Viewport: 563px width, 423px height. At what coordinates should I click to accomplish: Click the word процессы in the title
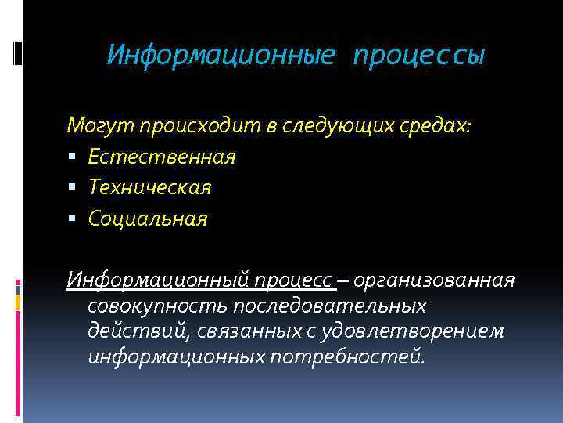pos(419,56)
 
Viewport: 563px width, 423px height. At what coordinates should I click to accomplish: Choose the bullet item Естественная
pos(162,157)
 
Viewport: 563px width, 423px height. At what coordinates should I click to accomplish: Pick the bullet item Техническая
pos(149,187)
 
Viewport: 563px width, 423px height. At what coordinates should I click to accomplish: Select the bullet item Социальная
pos(148,219)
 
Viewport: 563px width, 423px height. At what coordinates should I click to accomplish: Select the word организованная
pos(436,280)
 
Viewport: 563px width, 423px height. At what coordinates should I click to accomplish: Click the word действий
pos(135,331)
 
